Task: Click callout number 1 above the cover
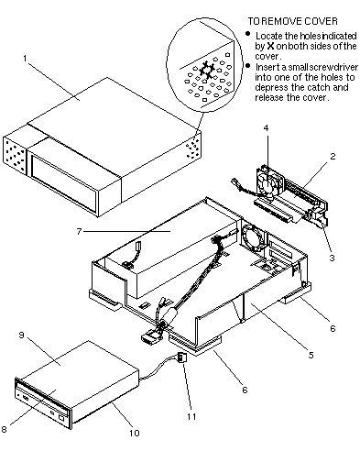[x=26, y=58]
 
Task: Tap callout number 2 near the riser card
[x=333, y=156]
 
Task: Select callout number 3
[x=332, y=258]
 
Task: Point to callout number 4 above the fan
[x=266, y=128]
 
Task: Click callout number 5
[x=311, y=355]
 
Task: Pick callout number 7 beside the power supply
[x=79, y=231]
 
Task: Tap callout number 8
[x=4, y=429]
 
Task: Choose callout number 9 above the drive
[x=21, y=335]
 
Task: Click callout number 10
[x=135, y=433]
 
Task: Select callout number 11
[x=191, y=416]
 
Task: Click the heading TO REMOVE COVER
[x=292, y=21]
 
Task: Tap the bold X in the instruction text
[x=270, y=46]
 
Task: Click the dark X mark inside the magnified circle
[x=206, y=70]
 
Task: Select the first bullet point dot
[x=248, y=33]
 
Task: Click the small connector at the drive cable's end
[x=182, y=357]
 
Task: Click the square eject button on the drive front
[x=62, y=417]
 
